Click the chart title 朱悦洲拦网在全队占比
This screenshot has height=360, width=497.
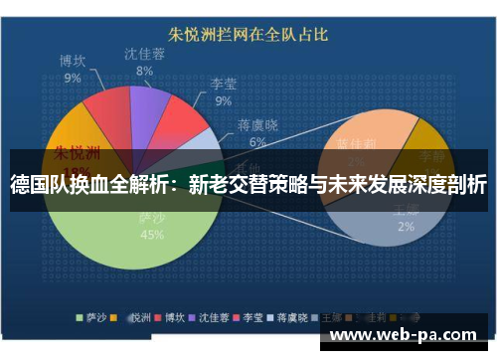(247, 36)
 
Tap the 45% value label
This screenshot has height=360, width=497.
(152, 235)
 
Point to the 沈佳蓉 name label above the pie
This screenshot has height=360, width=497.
(144, 55)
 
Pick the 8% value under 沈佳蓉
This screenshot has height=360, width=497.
(144, 72)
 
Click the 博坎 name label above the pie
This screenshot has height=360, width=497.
(73, 61)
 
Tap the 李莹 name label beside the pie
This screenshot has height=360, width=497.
(223, 85)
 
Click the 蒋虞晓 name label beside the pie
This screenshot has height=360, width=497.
(257, 126)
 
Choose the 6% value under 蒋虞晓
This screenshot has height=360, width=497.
(257, 142)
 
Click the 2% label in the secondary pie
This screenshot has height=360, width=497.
(406, 227)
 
